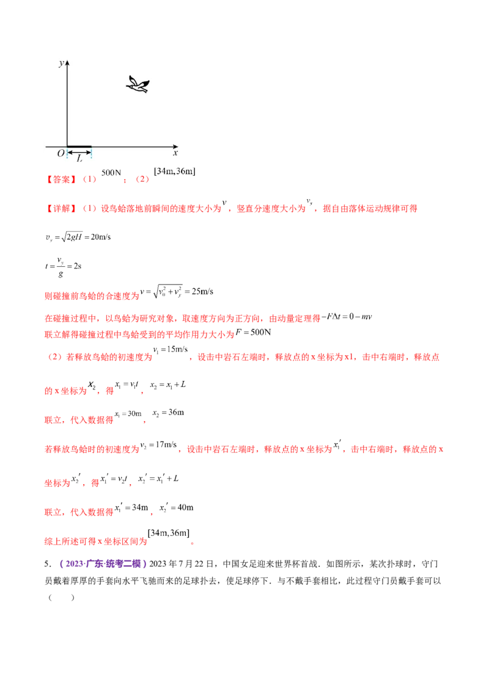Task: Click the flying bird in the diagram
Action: [x=138, y=85]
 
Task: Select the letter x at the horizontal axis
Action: [x=175, y=153]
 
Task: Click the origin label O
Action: [x=61, y=153]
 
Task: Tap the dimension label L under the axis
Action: [x=79, y=158]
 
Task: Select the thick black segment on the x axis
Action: [x=79, y=147]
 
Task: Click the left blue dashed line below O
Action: [x=67, y=155]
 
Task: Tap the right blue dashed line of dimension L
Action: [x=91, y=155]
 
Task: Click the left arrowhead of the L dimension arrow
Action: [x=69, y=152]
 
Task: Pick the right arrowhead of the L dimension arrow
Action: [x=89, y=152]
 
